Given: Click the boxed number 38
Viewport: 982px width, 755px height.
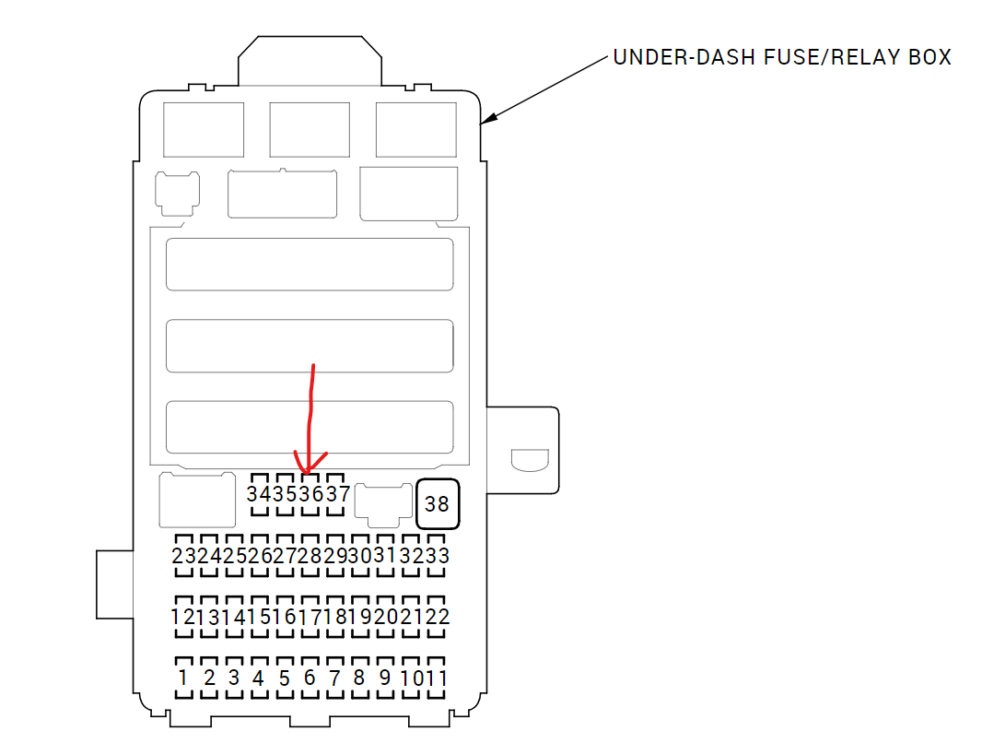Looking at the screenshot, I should point(437,504).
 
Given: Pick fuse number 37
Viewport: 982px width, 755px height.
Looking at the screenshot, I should point(338,494).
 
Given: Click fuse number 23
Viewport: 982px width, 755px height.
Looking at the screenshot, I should point(183,556).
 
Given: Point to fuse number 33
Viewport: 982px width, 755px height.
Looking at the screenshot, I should point(437,556).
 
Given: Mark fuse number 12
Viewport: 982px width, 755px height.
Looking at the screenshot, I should point(183,617).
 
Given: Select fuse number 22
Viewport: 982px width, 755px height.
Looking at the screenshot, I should point(437,617).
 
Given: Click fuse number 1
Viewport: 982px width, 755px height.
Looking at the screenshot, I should point(183,678).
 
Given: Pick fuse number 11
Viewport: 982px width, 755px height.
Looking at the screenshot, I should point(437,678).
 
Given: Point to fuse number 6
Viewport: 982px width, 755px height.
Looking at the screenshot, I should point(310,678).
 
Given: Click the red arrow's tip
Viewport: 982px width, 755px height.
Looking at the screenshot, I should point(310,471).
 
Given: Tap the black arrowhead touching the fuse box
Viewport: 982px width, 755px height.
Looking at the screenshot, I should point(488,118).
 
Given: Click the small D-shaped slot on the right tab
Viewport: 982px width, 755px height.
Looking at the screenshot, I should point(529,458).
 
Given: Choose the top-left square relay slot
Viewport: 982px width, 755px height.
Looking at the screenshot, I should point(204,130).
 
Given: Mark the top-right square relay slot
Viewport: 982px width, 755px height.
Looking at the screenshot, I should point(416,130).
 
